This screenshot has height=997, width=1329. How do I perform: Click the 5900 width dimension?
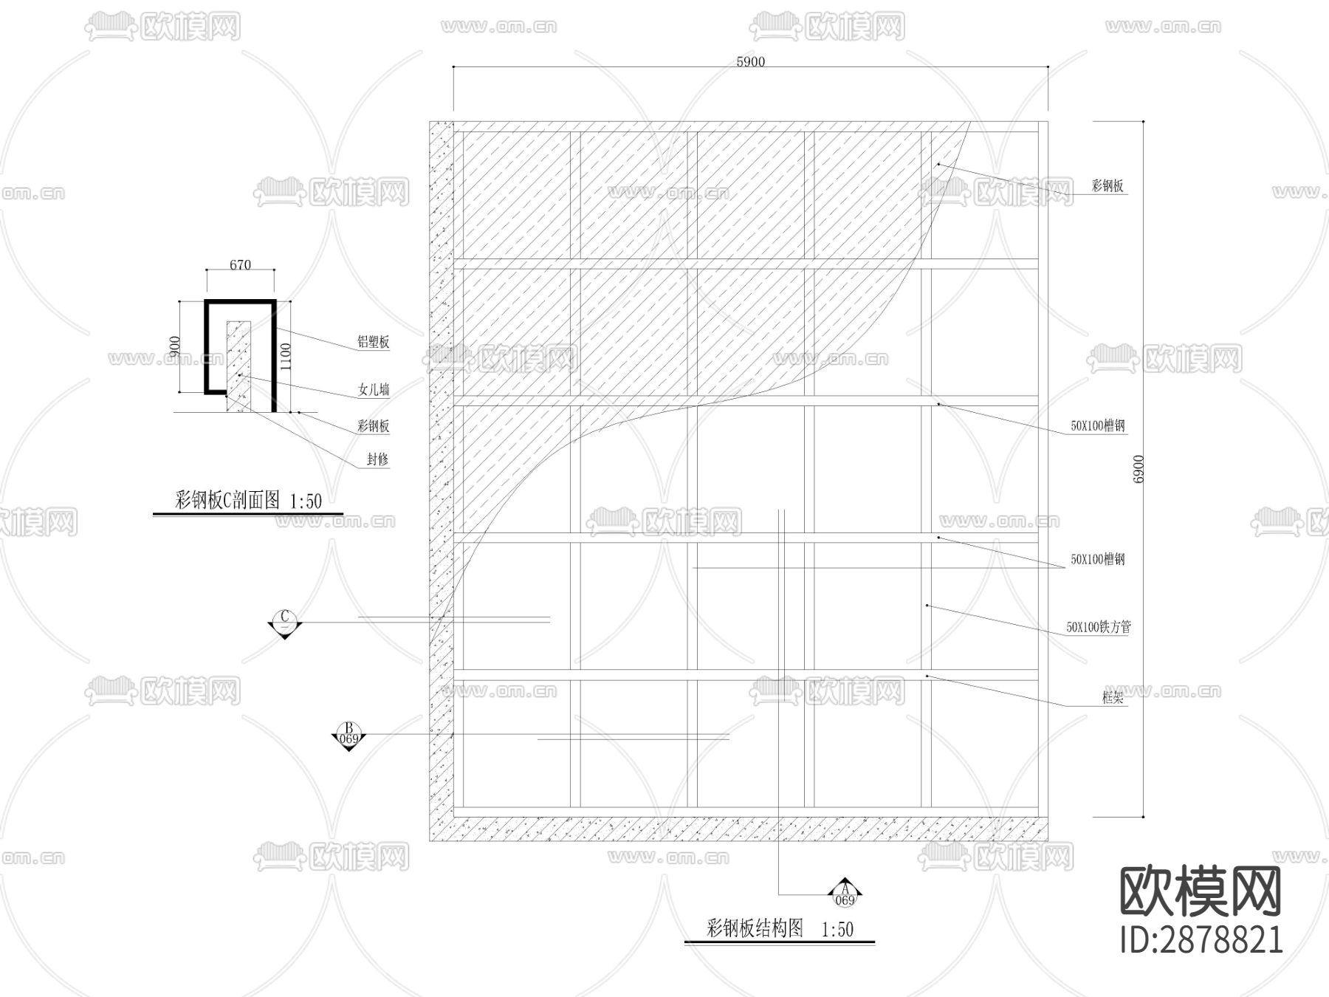(750, 62)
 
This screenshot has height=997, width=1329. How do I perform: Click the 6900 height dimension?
(1138, 469)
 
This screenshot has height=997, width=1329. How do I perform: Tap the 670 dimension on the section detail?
(240, 265)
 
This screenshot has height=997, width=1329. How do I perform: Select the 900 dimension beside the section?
(175, 347)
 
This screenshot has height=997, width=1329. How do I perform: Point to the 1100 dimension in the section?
(286, 357)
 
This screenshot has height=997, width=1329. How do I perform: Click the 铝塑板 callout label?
(373, 342)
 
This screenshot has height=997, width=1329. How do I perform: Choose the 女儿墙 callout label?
(374, 389)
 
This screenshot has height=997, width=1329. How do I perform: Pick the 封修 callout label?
(377, 459)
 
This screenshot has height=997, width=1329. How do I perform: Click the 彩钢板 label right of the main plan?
(1107, 186)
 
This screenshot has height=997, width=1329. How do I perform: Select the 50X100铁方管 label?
(1098, 628)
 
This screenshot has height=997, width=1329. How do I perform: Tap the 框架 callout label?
(1112, 697)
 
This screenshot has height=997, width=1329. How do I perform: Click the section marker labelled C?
(284, 623)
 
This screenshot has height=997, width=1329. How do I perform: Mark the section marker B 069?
(348, 736)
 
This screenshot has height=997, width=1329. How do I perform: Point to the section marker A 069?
(845, 894)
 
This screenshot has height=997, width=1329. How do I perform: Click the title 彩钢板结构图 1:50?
(780, 928)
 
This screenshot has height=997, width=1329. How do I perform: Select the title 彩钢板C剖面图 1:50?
(248, 501)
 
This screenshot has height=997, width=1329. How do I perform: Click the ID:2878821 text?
(1201, 939)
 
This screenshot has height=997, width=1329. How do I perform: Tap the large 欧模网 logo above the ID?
(1201, 891)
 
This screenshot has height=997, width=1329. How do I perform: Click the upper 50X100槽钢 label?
(1098, 426)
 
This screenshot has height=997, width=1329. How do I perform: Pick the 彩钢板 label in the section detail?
(373, 426)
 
